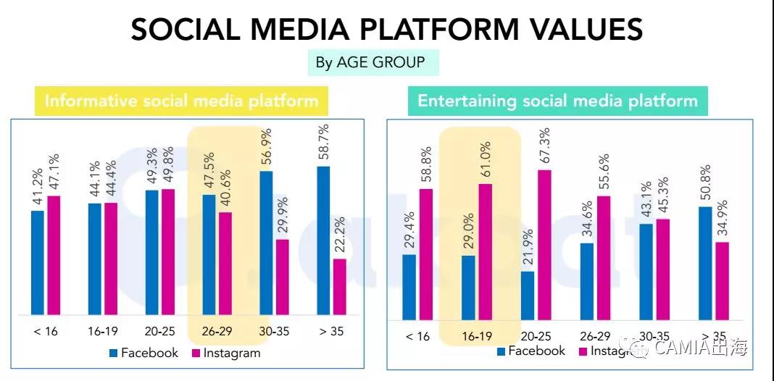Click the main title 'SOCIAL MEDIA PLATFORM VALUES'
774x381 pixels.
pyautogui.click(x=386, y=30)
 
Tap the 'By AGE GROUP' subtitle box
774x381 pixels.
pyautogui.click(x=370, y=62)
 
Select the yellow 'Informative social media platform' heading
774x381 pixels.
pyautogui.click(x=181, y=101)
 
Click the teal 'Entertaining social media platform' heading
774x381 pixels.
pyautogui.click(x=557, y=101)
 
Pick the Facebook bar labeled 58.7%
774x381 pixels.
pyautogui.click(x=323, y=240)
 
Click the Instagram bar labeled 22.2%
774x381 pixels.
pyautogui.click(x=340, y=287)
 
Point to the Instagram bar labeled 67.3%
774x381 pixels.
pyautogui.click(x=544, y=245)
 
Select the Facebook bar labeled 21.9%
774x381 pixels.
pyautogui.click(x=528, y=296)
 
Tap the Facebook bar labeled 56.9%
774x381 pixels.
pyautogui.click(x=266, y=243)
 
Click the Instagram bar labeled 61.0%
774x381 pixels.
pyautogui.click(x=486, y=251)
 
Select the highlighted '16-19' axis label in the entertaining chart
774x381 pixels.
pyautogui.click(x=478, y=336)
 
